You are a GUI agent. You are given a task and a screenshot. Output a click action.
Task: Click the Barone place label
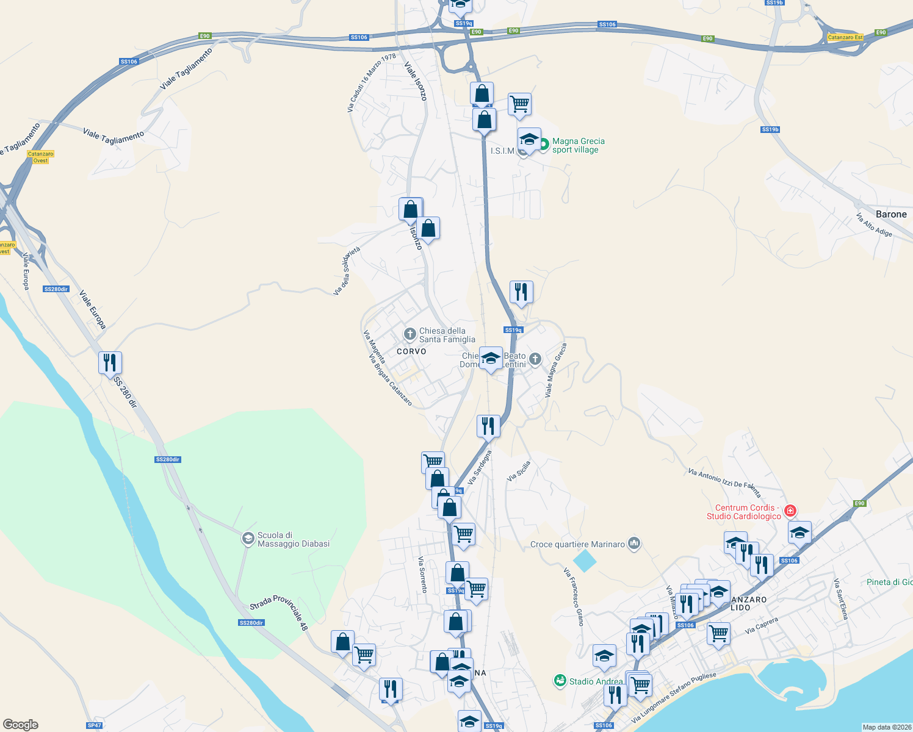point(891,214)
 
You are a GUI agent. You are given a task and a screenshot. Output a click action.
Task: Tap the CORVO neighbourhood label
point(411,351)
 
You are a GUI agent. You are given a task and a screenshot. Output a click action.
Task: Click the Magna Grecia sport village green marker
point(543,145)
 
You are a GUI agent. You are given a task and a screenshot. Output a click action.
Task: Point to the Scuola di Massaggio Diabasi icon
point(248,539)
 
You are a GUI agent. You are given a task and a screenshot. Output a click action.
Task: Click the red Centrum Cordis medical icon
point(790,511)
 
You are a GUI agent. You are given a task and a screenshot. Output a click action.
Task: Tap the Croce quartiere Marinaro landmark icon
point(634,543)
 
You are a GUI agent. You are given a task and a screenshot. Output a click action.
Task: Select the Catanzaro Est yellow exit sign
point(845,37)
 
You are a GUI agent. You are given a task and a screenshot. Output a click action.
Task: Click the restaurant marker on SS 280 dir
point(110,363)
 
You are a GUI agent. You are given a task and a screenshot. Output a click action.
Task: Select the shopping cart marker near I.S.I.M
point(519,104)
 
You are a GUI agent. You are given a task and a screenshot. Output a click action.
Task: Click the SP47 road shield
point(94,725)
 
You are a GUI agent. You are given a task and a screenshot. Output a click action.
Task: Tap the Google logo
point(21,724)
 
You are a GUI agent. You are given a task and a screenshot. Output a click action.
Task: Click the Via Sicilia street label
point(519,472)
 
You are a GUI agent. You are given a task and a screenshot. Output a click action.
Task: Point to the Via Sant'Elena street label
point(841,599)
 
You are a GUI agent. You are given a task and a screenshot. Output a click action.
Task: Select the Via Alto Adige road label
point(874,225)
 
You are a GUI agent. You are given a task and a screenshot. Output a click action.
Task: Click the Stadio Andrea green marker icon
point(560,680)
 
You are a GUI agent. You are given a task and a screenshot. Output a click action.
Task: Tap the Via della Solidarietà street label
point(347,271)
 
